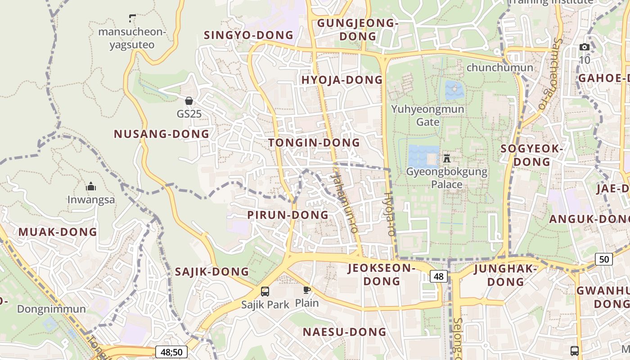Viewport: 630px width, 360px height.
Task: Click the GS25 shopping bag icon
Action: pos(189,101)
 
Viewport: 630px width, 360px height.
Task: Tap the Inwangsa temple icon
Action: pos(91,186)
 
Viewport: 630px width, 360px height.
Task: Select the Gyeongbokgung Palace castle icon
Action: pos(447,158)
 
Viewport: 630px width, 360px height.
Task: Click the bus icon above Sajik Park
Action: pos(265,291)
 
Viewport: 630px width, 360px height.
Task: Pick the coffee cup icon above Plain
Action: pos(307,290)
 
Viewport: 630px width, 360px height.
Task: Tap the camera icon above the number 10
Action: pos(584,47)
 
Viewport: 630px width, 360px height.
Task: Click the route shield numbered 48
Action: pos(438,276)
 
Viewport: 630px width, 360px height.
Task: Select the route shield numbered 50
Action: pos(604,259)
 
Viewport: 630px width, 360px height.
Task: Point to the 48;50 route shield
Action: pos(171,352)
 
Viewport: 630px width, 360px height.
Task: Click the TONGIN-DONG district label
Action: pos(314,143)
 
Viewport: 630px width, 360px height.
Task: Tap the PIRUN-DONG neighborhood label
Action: pos(288,215)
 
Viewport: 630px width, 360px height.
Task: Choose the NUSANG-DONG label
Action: pos(162,134)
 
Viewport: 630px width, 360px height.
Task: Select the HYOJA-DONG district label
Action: pos(342,80)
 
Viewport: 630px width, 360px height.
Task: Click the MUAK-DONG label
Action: pos(58,232)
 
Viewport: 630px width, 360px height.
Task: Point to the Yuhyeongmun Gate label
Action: pos(427,115)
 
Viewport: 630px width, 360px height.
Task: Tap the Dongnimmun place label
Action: pos(51,309)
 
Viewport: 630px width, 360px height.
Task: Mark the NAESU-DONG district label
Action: pos(344,332)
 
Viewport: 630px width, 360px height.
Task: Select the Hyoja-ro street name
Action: pos(389,214)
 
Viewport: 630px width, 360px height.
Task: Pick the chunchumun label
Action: pos(500,67)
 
